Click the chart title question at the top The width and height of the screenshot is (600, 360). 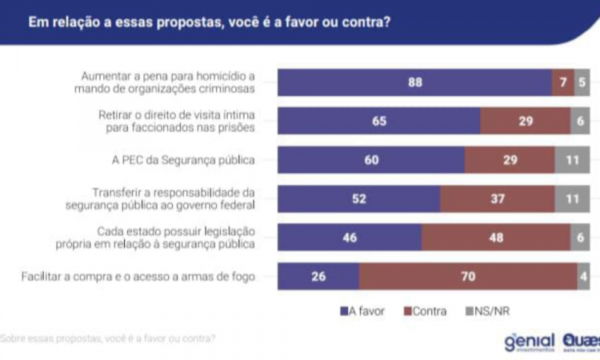point(209,22)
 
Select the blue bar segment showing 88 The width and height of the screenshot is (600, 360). point(414,82)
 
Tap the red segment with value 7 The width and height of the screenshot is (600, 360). point(563,82)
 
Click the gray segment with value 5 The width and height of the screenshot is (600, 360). point(582,82)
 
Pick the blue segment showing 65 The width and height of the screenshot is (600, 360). point(379,121)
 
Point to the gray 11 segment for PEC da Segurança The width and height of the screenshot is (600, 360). point(573,159)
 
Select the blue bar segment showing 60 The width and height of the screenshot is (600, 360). point(371,159)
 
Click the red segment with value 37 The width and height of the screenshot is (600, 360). point(498,198)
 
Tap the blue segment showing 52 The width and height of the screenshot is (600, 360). point(359,198)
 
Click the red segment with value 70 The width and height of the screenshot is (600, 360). point(468,277)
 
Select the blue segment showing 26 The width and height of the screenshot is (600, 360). point(318,277)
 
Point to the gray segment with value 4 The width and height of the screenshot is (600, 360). point(584,277)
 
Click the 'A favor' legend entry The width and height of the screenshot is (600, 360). point(362,310)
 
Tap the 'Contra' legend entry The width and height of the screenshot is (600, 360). point(424,310)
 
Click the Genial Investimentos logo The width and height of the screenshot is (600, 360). point(529,342)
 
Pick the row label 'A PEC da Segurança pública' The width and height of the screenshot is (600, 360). point(185,159)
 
